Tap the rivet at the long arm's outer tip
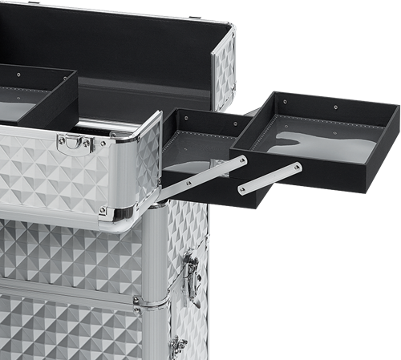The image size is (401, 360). [x=241, y=161]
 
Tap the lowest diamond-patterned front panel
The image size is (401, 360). [x=64, y=329]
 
